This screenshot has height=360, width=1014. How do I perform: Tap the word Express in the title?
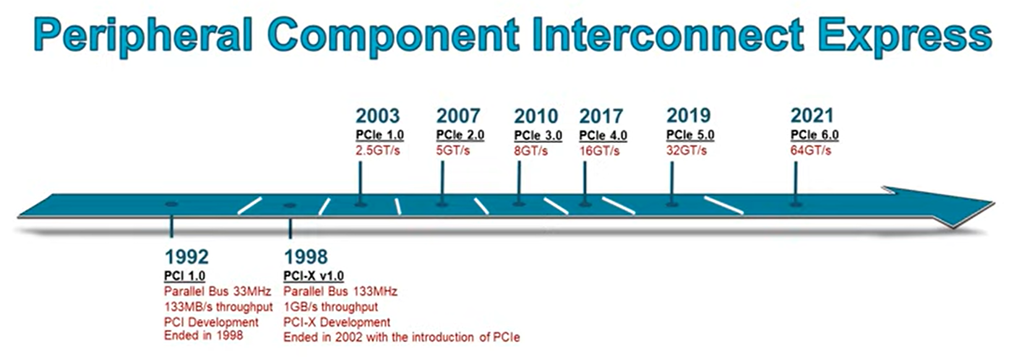pos(905,36)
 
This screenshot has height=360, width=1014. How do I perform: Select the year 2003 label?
pos(377,116)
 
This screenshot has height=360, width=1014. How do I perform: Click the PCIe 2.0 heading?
pos(460,135)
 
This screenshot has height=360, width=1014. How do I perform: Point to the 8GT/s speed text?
pos(531,151)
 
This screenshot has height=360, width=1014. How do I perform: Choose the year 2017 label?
pos(601,116)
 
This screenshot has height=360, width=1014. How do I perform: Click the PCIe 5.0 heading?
pos(690,135)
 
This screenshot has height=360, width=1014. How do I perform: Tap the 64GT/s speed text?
pos(810,151)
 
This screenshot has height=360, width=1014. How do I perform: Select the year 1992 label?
pos(186,257)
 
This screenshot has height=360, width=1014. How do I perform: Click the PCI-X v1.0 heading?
pos(313,276)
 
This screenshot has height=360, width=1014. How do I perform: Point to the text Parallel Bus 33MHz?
pos(217,291)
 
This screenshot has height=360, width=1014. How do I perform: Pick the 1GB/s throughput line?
pos(330,307)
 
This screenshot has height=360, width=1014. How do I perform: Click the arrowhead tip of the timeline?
pos(995,204)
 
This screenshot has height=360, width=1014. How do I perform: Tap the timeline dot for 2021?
pos(796,205)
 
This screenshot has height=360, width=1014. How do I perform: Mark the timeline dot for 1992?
pos(171,204)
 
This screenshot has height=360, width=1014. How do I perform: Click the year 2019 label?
pos(689,116)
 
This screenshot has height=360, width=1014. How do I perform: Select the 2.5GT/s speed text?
pos(377,151)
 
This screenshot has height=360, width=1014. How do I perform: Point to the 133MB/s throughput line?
pos(218,307)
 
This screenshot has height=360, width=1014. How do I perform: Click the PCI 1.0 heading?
pos(184,276)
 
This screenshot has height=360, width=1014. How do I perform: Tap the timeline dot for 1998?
pos(290,205)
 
